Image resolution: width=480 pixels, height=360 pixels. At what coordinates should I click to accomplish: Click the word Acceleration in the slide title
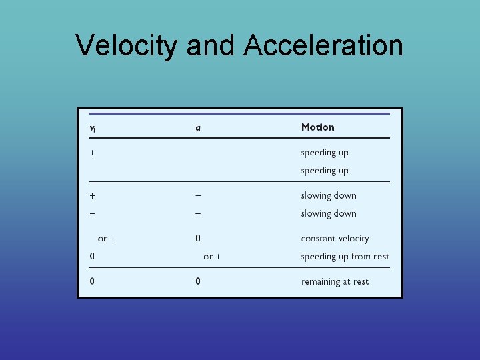pyautogui.click(x=323, y=46)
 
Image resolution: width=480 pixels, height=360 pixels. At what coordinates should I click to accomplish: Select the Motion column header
pyautogui.click(x=317, y=127)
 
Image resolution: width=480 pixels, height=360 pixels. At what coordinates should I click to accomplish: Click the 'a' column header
pyautogui.click(x=198, y=127)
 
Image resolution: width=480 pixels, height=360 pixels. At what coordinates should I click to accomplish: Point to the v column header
pyautogui.click(x=92, y=127)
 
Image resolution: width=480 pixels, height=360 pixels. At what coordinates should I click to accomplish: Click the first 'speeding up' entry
pyautogui.click(x=324, y=153)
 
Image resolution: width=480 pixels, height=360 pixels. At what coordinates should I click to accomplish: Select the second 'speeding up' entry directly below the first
pyautogui.click(x=324, y=171)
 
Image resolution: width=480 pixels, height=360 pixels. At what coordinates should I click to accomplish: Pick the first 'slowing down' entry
pyautogui.click(x=328, y=195)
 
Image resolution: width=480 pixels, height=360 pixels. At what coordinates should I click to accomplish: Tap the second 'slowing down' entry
pyautogui.click(x=328, y=213)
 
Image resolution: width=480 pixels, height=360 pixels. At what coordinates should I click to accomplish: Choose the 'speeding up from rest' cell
pyautogui.click(x=345, y=257)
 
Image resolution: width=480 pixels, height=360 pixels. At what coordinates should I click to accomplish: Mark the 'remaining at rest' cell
pyautogui.click(x=335, y=281)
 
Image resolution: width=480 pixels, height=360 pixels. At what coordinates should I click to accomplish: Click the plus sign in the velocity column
pyautogui.click(x=92, y=195)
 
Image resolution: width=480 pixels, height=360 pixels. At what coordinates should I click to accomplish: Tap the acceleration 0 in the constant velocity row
pyautogui.click(x=198, y=238)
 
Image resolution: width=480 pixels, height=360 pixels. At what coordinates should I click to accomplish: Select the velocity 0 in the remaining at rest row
pyautogui.click(x=92, y=281)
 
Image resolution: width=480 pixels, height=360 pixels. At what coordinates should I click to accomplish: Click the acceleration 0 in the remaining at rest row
pyautogui.click(x=198, y=281)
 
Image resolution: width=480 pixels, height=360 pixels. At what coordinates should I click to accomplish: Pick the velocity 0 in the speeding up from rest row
pyautogui.click(x=92, y=257)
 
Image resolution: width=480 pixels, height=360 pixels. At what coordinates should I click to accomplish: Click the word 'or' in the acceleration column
pyautogui.click(x=208, y=257)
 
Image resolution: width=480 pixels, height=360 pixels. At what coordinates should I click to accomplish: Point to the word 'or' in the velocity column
pyautogui.click(x=102, y=239)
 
